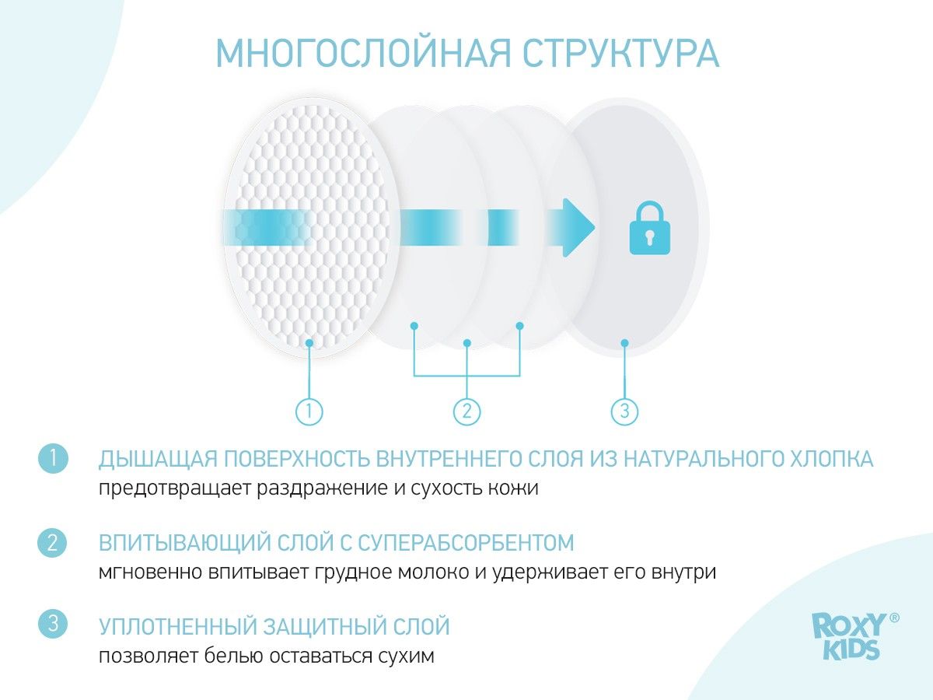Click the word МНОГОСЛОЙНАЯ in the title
tap(363, 53)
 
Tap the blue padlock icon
tap(649, 228)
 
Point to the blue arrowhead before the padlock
tap(578, 227)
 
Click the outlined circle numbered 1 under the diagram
tap(309, 411)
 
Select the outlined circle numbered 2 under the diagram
tap(466, 411)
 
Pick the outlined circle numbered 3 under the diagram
tap(624, 411)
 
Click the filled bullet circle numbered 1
tap(53, 459)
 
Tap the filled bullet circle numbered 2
tap(52, 543)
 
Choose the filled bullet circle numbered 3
tap(53, 624)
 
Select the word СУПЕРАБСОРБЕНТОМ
tap(466, 543)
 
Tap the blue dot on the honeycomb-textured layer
tap(309, 342)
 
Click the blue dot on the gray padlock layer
tap(624, 342)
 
